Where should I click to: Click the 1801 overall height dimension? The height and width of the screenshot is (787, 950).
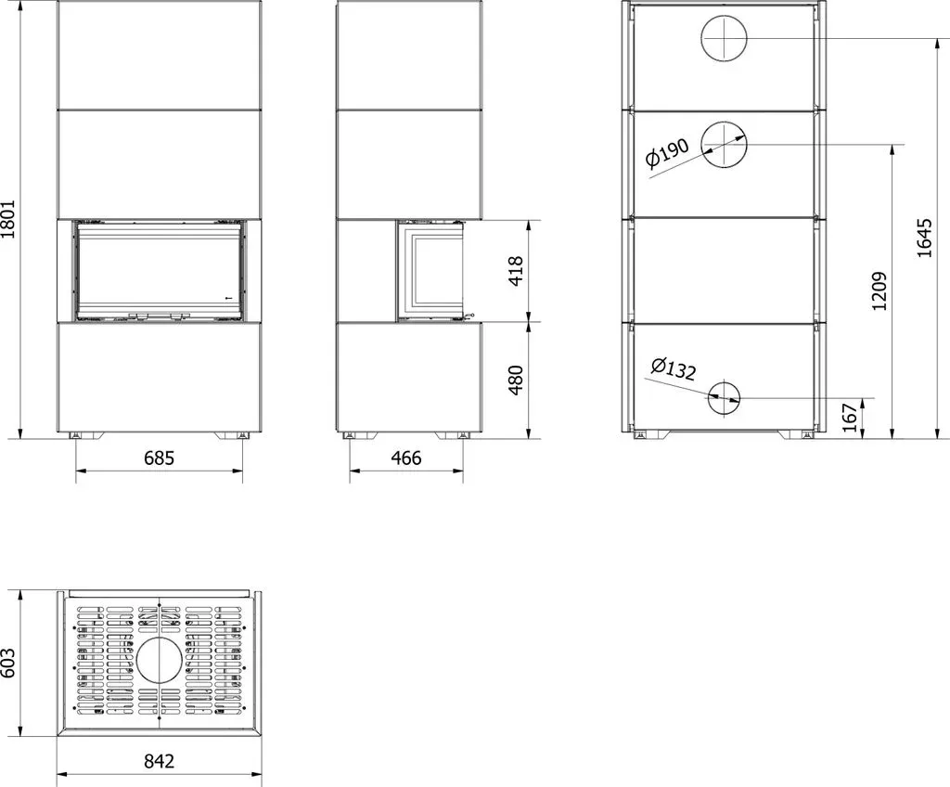(x=7, y=219)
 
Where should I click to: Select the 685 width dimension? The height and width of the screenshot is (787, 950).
(x=159, y=458)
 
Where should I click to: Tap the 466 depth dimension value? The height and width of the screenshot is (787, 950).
(x=406, y=458)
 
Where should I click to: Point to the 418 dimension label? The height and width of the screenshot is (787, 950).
(x=515, y=271)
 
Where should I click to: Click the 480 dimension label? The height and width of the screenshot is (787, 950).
(x=515, y=381)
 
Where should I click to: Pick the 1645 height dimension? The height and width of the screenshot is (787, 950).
(x=925, y=239)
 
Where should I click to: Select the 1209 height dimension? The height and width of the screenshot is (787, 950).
(x=879, y=291)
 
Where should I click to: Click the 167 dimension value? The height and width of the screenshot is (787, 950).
(x=852, y=418)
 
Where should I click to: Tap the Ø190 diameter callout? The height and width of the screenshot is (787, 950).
(x=667, y=153)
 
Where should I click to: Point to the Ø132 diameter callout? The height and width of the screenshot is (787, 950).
(x=674, y=368)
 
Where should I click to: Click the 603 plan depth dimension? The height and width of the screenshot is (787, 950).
(x=7, y=663)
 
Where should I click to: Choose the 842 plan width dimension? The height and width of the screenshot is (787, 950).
(x=159, y=760)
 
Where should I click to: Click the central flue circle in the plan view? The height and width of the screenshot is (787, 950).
(x=159, y=639)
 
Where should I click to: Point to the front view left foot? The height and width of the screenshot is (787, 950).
(x=85, y=435)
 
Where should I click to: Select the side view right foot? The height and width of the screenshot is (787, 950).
(x=454, y=435)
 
